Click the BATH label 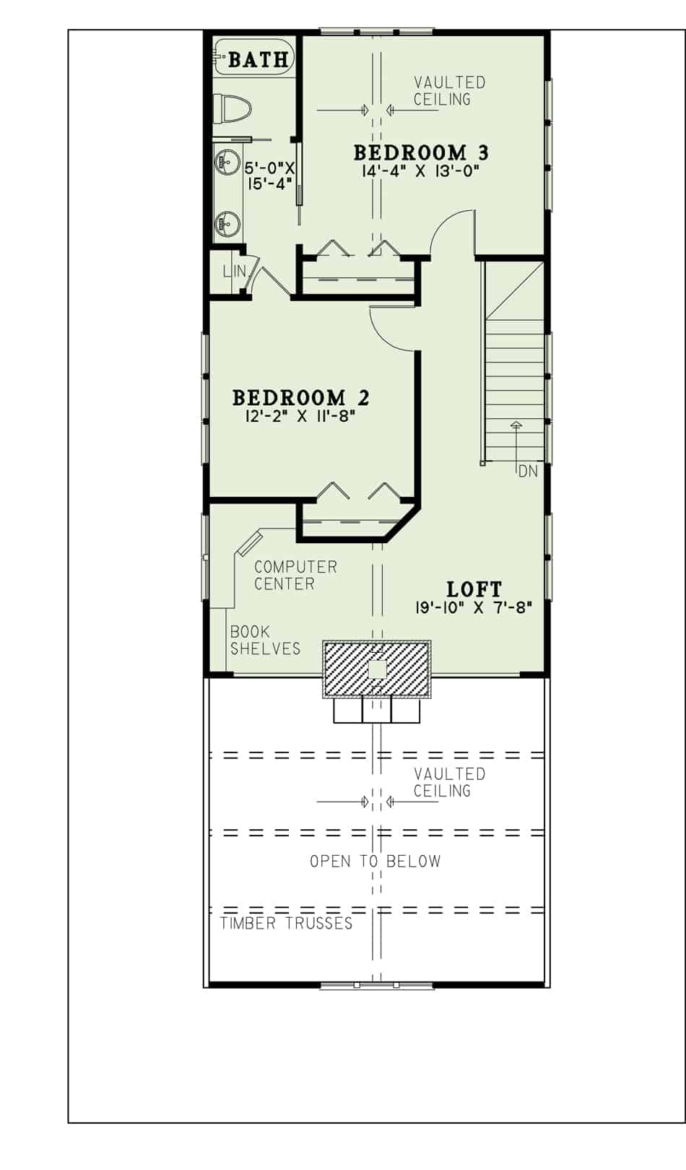click(x=258, y=59)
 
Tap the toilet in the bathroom click(x=235, y=110)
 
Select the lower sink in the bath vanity click(x=227, y=224)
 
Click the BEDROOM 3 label click(x=421, y=152)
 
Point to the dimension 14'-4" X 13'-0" click(x=421, y=171)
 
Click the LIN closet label click(x=234, y=272)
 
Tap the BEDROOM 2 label click(x=300, y=397)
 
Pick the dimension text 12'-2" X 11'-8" click(x=300, y=416)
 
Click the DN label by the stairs click(x=528, y=472)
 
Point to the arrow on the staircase click(x=515, y=426)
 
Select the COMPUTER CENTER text click(x=295, y=576)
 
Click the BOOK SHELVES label click(x=265, y=640)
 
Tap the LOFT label click(x=474, y=589)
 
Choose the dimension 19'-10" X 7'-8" click(x=474, y=607)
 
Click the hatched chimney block click(x=377, y=669)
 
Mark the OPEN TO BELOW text click(x=375, y=861)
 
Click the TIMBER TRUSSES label click(x=286, y=923)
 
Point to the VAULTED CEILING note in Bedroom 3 click(x=449, y=91)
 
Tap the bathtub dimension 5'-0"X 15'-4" click(x=269, y=175)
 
